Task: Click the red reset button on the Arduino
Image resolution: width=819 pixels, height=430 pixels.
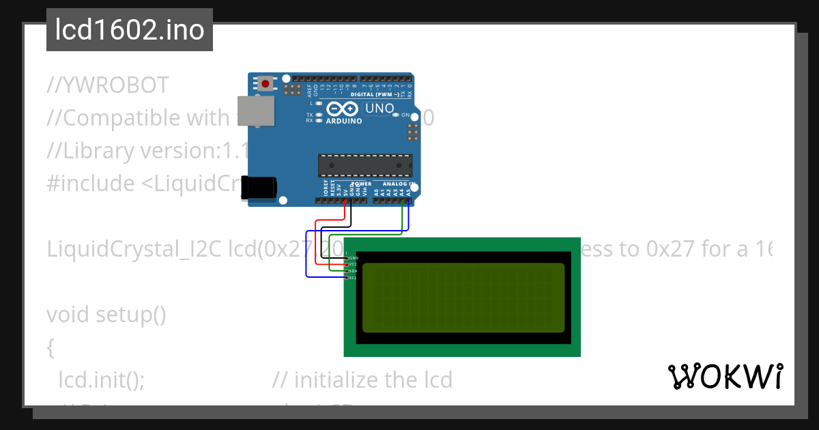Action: coord(265,84)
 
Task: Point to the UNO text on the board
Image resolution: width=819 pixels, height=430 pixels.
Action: coord(380,109)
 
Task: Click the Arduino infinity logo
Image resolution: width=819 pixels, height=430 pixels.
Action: coord(342,109)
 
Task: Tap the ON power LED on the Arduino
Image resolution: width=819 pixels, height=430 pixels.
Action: coord(397,115)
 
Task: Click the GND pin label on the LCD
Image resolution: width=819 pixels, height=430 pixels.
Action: coord(354,258)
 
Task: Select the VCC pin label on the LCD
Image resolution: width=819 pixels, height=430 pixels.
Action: coord(354,264)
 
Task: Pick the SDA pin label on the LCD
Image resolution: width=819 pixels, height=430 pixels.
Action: coord(354,271)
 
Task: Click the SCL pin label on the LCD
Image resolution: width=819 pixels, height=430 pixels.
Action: coord(354,278)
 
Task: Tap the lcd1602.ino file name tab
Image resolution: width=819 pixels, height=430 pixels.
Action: coord(130,30)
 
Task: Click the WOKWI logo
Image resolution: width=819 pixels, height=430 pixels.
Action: coord(725,377)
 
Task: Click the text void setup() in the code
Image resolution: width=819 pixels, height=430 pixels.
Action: coord(106,315)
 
